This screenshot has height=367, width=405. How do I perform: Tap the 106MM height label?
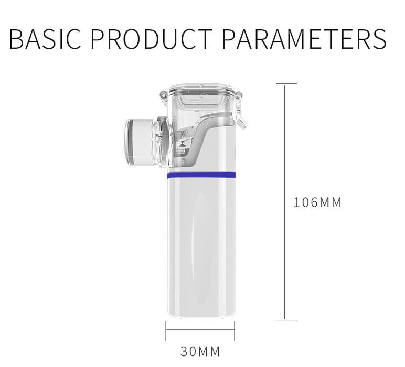point(317,202)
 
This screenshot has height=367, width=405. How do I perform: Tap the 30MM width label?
point(200,351)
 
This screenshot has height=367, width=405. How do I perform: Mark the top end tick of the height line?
point(285,83)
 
